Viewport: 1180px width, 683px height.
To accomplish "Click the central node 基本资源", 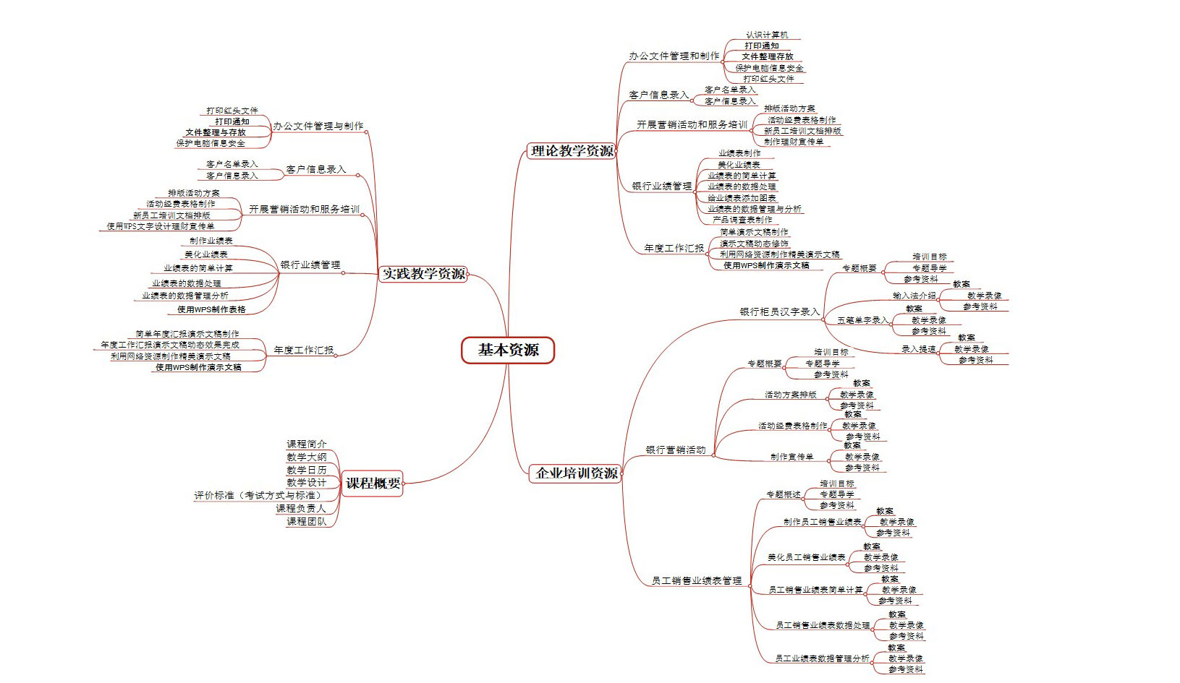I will pyautogui.click(x=508, y=351).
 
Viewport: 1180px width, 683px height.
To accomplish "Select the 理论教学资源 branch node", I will pyautogui.click(x=572, y=151).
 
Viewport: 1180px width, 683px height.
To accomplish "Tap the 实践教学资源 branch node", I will pyautogui.click(x=424, y=274).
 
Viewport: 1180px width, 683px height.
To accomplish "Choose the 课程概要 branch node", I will pyautogui.click(x=373, y=484).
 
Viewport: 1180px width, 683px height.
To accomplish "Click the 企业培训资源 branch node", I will pyautogui.click(x=577, y=473).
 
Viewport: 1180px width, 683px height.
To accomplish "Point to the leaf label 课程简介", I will pyautogui.click(x=307, y=444).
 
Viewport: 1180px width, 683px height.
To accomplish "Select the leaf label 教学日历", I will pyautogui.click(x=307, y=471).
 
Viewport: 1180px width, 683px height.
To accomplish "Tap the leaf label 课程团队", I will pyautogui.click(x=307, y=522).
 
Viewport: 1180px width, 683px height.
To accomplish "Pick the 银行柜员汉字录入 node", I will pyautogui.click(x=779, y=312).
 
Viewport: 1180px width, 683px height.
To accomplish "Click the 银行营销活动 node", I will pyautogui.click(x=675, y=450).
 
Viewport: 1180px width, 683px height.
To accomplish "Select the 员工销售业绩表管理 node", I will pyautogui.click(x=696, y=581).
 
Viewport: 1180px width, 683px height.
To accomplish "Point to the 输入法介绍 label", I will pyautogui.click(x=914, y=296).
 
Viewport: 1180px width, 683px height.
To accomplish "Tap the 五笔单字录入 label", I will pyautogui.click(x=862, y=320).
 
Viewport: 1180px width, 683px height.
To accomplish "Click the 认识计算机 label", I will pyautogui.click(x=767, y=35).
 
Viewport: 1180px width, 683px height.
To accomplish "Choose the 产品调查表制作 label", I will pyautogui.click(x=742, y=220).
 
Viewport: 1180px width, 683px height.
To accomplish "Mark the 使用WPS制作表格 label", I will pyautogui.click(x=211, y=309).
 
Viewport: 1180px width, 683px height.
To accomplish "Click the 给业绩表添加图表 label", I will pyautogui.click(x=742, y=198).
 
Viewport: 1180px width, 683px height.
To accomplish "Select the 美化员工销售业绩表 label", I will pyautogui.click(x=806, y=558).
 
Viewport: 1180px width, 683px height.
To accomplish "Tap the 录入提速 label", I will pyautogui.click(x=918, y=349).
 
